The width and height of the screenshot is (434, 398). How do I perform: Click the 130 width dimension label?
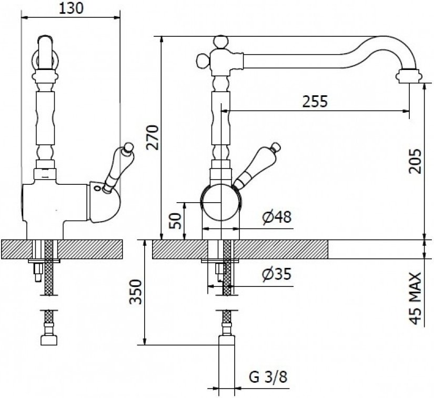click(71, 8)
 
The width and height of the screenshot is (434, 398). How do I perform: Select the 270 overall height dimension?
click(153, 137)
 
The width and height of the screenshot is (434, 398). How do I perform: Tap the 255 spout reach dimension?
click(315, 101)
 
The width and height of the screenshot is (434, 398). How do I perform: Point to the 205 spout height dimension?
click(415, 161)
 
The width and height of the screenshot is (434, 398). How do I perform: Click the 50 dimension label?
click(176, 221)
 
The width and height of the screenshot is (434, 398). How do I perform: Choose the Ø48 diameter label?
click(277, 217)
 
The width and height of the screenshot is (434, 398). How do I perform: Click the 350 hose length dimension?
click(136, 292)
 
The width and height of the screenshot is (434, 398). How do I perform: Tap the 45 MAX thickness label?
click(415, 298)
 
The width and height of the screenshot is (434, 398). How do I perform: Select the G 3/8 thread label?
click(268, 377)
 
